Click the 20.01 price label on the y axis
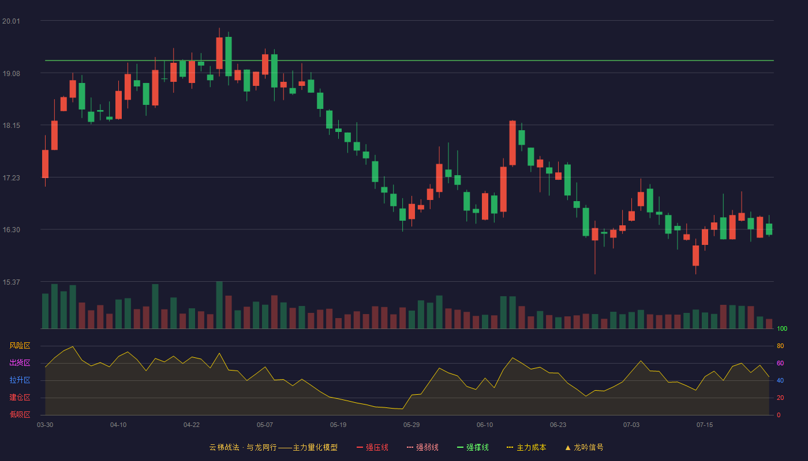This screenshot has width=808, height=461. (11, 21)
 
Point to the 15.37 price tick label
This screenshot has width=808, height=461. (11, 282)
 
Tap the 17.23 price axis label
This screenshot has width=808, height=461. (11, 178)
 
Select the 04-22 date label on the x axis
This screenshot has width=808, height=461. (192, 425)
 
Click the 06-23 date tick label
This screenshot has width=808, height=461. (558, 425)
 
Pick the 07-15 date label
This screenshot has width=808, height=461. (705, 425)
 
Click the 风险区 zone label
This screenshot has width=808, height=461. (20, 346)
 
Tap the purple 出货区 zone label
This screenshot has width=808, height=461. (20, 363)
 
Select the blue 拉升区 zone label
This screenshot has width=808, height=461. (20, 380)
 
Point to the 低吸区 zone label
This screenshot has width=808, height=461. (20, 415)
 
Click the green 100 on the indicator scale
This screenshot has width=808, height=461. (782, 328)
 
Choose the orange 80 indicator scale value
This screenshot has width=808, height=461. (780, 346)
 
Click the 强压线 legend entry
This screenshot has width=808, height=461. (372, 448)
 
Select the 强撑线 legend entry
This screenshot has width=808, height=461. (473, 448)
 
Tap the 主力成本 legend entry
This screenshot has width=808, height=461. (526, 448)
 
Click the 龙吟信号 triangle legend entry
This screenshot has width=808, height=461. (584, 448)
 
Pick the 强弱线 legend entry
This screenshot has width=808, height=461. (422, 448)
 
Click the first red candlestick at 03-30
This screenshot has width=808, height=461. (45, 164)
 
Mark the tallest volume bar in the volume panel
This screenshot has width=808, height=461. (219, 305)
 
